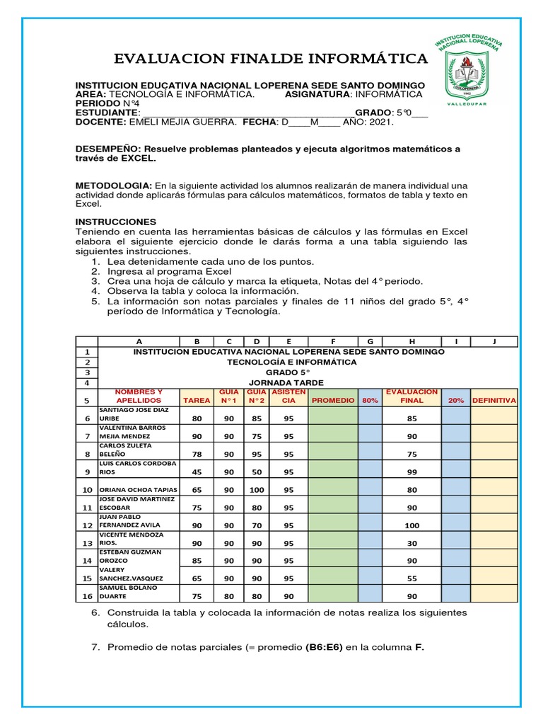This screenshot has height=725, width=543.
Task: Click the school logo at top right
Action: [478, 71]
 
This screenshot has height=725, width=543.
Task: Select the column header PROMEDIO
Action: [333, 400]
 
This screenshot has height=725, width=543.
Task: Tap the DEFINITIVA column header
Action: [494, 400]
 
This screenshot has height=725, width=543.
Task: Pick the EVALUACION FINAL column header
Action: [412, 396]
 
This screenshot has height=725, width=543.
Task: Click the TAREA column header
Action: [197, 400]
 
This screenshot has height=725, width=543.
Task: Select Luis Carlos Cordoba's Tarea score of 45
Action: [197, 472]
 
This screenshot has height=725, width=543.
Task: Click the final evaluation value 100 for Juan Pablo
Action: [412, 525]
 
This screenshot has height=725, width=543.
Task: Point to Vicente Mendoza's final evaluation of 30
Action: [412, 543]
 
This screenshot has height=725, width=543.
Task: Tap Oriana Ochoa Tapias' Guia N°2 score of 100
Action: [257, 489]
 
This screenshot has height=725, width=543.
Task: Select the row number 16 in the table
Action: [87, 596]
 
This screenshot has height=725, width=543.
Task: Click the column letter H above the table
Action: [412, 341]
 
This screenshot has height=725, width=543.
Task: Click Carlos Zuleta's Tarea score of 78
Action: [197, 454]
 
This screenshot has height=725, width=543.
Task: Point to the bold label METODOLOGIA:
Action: [113, 185]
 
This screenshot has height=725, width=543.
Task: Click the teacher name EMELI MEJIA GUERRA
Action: [182, 122]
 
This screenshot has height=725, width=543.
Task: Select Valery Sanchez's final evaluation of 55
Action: [412, 578]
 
